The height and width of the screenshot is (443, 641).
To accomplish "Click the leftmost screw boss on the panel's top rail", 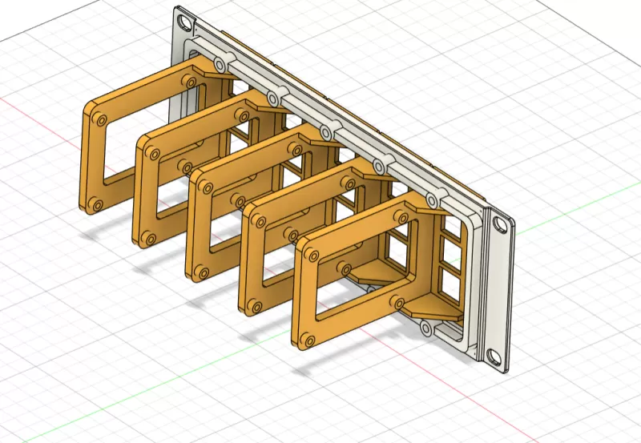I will point(221,61).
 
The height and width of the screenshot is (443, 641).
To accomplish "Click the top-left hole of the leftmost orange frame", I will point(99,119).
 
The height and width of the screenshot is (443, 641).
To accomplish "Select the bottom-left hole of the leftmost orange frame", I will point(96,205).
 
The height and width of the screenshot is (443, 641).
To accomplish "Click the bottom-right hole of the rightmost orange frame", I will point(396,303).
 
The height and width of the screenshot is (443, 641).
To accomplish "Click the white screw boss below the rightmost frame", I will point(425,328).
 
